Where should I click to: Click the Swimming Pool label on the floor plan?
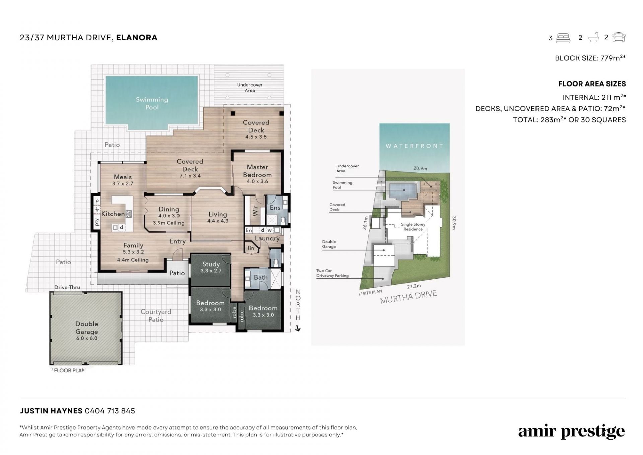tap(152, 103)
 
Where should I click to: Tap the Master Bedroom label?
tap(257, 171)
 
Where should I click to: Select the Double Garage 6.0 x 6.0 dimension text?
tap(87, 338)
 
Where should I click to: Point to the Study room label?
tap(211, 264)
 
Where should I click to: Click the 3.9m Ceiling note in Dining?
tap(168, 223)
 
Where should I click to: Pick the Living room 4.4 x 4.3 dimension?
tap(218, 221)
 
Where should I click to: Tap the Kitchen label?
tap(113, 214)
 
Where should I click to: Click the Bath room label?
tap(261, 277)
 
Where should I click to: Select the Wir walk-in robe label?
tap(255, 211)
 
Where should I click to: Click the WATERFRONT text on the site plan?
tap(415, 146)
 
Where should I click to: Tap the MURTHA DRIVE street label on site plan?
tap(409, 297)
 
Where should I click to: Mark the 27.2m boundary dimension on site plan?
tap(414, 286)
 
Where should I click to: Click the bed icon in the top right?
tap(563, 38)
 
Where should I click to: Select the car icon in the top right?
tap(619, 37)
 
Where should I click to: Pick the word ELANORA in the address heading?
tap(137, 38)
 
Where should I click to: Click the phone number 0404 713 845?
tap(110, 411)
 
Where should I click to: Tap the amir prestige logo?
tap(572, 432)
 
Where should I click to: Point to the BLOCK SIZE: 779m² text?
tap(590, 58)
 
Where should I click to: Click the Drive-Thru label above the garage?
tap(67, 287)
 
